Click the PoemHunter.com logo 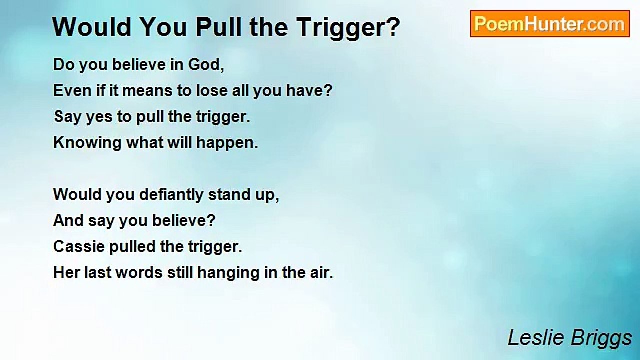click(550, 24)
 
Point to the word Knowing click(87, 143)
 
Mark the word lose click(211, 91)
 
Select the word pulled click(132, 247)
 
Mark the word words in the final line click(139, 273)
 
